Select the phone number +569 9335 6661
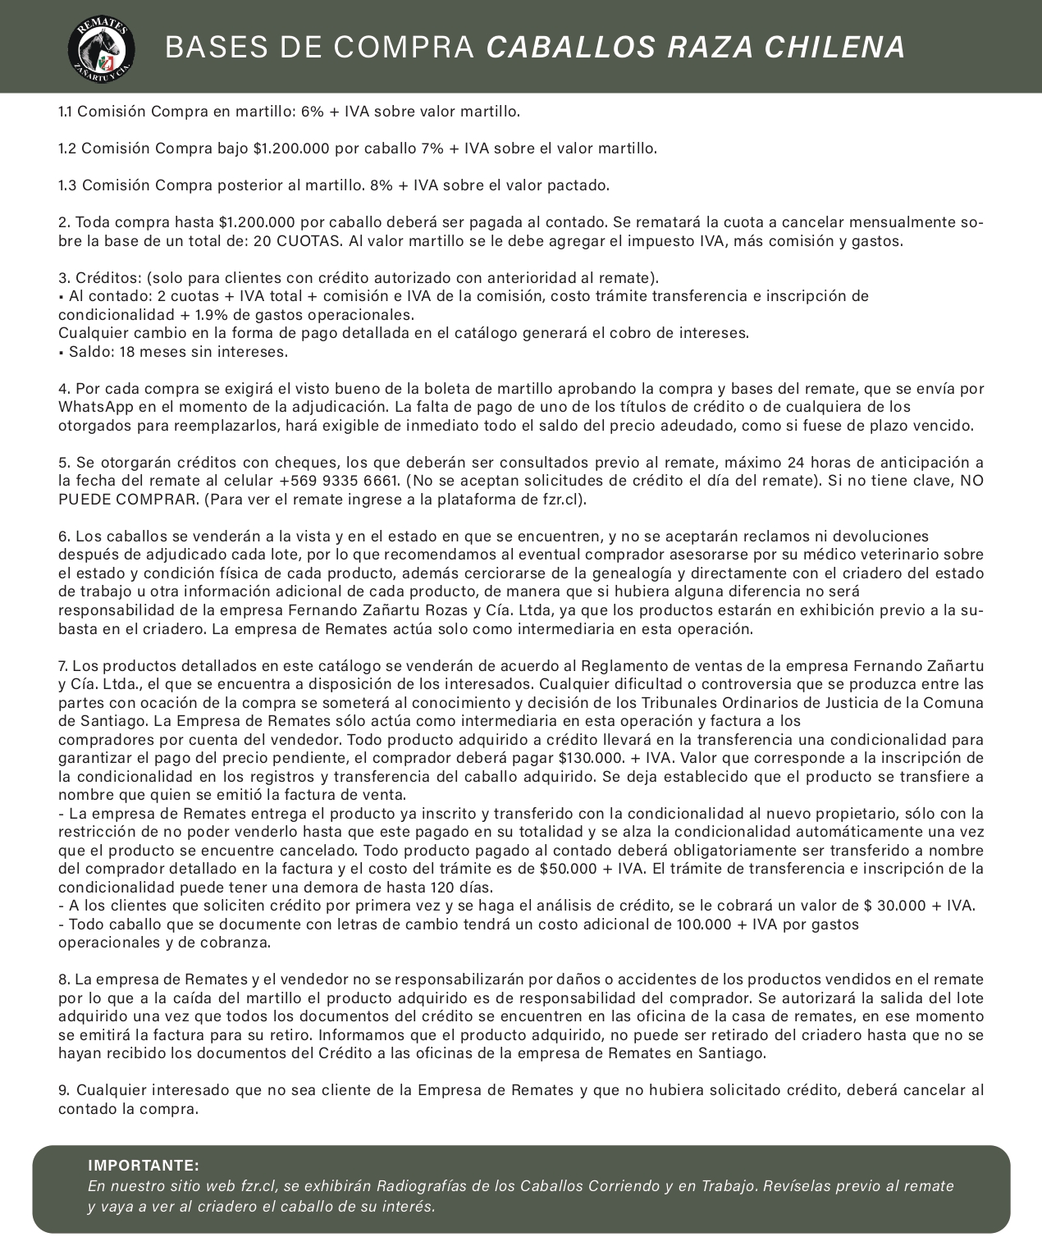click(340, 481)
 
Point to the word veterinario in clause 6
click(898, 555)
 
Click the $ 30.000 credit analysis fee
click(895, 906)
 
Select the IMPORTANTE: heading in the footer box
click(144, 1166)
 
